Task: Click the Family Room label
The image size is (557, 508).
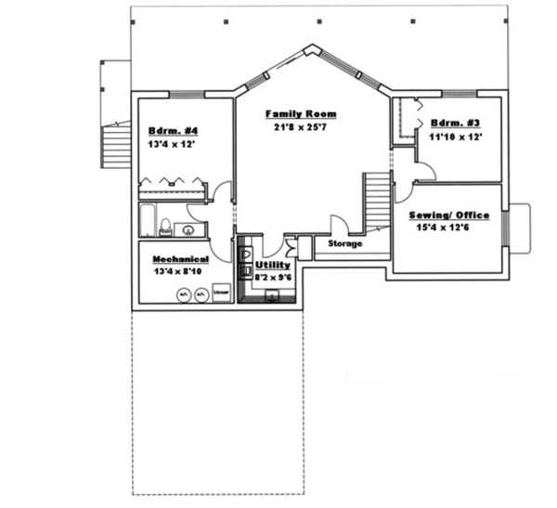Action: [301, 114]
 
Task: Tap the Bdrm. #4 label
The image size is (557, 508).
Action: [168, 130]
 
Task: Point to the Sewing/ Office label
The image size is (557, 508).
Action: [449, 215]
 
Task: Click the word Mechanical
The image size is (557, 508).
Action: [180, 259]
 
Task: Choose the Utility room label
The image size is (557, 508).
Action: [273, 265]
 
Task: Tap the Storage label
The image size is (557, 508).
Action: [343, 243]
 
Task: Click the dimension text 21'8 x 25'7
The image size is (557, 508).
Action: [301, 127]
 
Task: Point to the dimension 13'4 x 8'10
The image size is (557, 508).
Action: [180, 271]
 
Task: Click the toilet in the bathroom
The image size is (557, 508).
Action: [162, 226]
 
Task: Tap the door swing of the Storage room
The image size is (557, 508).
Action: [338, 225]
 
